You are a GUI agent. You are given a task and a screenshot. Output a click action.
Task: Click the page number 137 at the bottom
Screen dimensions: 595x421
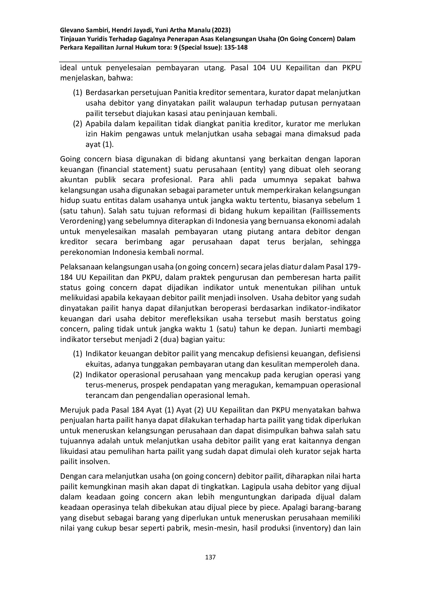tap(210, 557)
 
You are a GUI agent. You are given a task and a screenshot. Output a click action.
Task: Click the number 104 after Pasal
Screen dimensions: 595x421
tap(260, 68)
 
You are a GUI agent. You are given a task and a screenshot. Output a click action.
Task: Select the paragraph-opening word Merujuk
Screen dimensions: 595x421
tap(73, 410)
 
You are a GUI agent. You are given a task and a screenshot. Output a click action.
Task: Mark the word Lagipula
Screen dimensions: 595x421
tap(256, 486)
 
